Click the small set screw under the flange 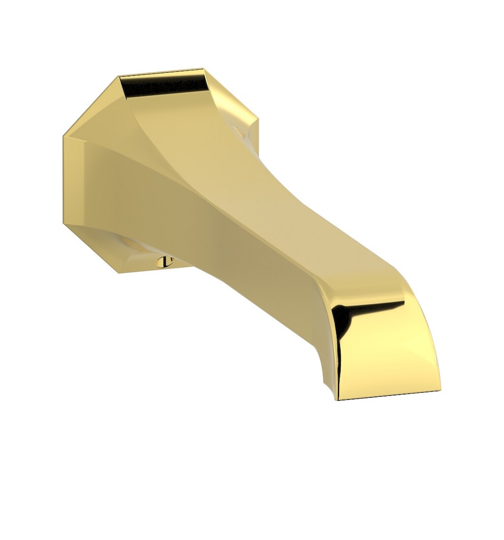[x=163, y=262]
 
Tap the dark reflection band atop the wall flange [x=165, y=86]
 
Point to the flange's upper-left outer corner [x=63, y=135]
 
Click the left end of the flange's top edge [x=120, y=76]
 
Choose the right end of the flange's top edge [x=202, y=69]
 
